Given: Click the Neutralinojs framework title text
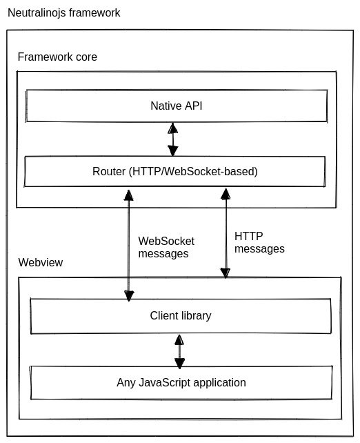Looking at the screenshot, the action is pyautogui.click(x=64, y=13).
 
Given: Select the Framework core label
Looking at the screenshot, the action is pyautogui.click(x=57, y=57).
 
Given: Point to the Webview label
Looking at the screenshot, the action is pyautogui.click(x=41, y=262).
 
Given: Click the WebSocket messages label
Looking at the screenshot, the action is pyautogui.click(x=166, y=248).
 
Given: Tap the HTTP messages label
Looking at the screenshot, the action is pyautogui.click(x=259, y=242).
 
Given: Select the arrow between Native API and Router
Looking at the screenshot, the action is pyautogui.click(x=173, y=139).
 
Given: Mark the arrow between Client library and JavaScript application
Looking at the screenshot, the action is pyautogui.click(x=179, y=351).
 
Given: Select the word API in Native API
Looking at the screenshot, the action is pyautogui.click(x=193, y=106).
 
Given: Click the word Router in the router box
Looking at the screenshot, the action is pyautogui.click(x=109, y=172).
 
